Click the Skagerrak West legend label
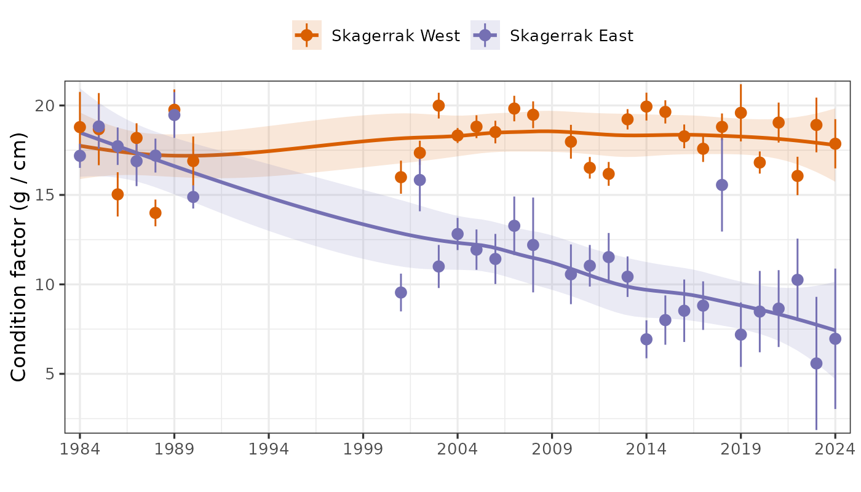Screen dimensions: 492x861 point(395,36)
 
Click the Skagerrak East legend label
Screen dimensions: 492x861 point(571,36)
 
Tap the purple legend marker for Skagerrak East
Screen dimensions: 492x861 point(485,36)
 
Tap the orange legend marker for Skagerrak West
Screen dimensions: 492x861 point(307,36)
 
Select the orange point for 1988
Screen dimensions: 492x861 point(156,213)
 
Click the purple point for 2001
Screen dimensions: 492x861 point(401,292)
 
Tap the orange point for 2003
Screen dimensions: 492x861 point(438,106)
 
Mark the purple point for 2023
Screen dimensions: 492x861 point(817,363)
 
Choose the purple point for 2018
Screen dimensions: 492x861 point(722,185)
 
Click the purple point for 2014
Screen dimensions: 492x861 point(646,339)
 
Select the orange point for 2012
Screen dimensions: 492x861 point(609,174)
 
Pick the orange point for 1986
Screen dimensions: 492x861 point(117,194)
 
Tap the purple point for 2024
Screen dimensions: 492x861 point(835,339)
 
